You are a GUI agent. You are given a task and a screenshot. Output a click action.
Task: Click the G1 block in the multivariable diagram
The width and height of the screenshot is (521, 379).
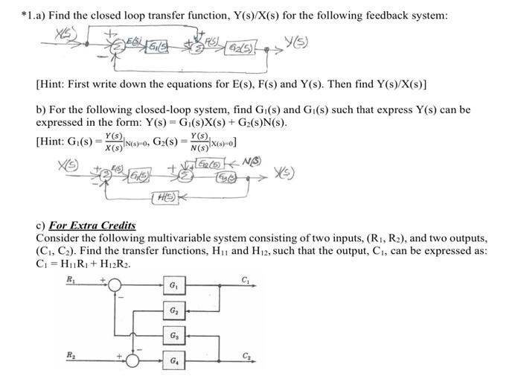[x=173, y=286]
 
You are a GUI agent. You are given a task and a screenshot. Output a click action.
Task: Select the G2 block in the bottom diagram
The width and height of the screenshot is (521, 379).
[x=173, y=311]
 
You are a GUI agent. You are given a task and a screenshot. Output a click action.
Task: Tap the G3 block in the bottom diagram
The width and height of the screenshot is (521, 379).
[x=173, y=337]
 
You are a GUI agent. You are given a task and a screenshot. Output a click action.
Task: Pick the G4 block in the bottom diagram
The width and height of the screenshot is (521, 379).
[x=173, y=363]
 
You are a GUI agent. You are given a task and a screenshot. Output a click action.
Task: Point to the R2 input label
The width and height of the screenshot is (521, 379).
[x=71, y=354]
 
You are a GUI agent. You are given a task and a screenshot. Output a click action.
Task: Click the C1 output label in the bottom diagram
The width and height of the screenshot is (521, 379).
[x=245, y=279]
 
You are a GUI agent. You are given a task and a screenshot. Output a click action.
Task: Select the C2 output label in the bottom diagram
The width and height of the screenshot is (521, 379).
[x=245, y=355]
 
